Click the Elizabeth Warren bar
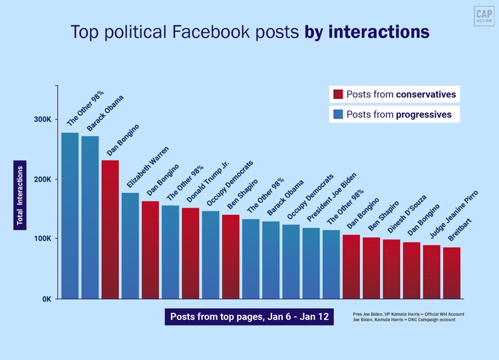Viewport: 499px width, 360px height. pyautogui.click(x=130, y=246)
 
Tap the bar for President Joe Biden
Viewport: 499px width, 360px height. pyautogui.click(x=311, y=263)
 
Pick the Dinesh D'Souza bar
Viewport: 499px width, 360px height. pyautogui.click(x=391, y=269)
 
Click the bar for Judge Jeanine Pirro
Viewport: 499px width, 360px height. pyautogui.click(x=431, y=271)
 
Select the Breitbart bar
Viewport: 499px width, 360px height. pyautogui.click(x=451, y=273)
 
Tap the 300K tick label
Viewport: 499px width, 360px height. pyautogui.click(x=43, y=119)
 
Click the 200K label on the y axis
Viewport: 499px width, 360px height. pyautogui.click(x=43, y=179)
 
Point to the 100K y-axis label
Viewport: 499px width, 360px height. pyautogui.click(x=43, y=239)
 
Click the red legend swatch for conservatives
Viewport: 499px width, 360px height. pyautogui.click(x=337, y=94)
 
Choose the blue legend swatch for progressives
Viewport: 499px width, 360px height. pyautogui.click(x=337, y=114)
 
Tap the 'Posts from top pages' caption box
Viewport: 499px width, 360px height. pyautogui.click(x=248, y=317)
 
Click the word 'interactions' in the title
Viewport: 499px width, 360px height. pyautogui.click(x=379, y=32)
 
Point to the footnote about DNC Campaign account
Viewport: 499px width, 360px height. pyautogui.click(x=408, y=319)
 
